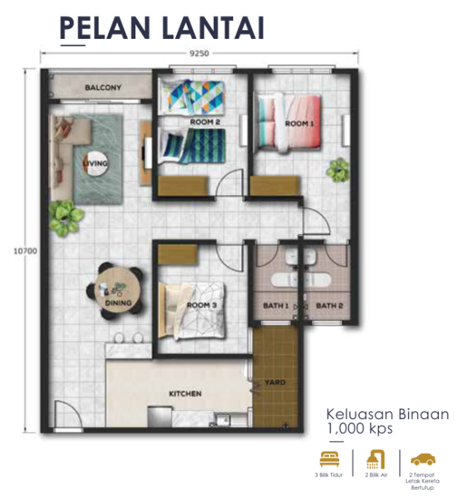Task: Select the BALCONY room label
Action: tap(103, 88)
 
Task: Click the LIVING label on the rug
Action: tap(95, 163)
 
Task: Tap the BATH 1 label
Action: tap(275, 306)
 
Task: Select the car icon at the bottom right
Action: tap(422, 459)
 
